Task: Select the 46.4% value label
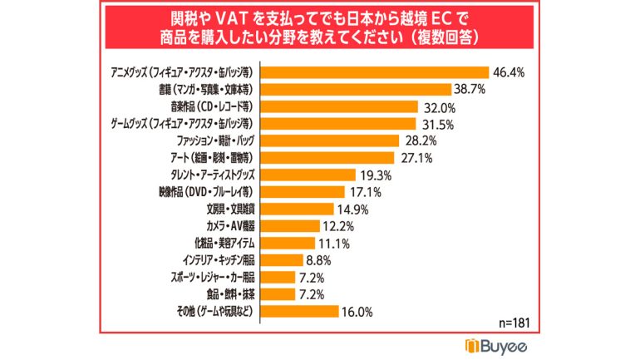coord(510,72)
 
